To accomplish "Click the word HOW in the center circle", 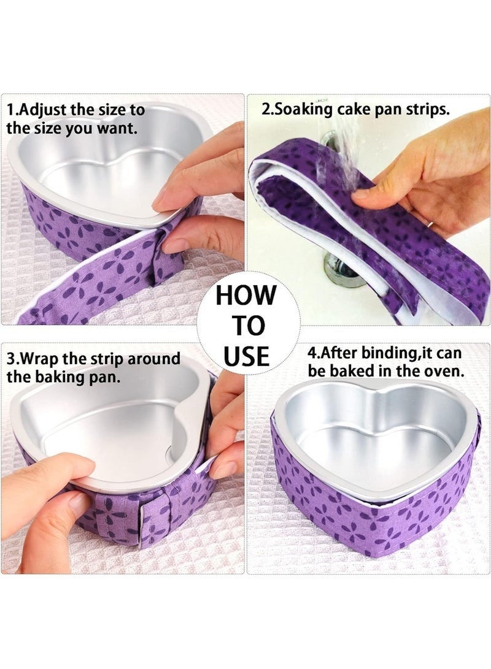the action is pyautogui.click(x=245, y=295).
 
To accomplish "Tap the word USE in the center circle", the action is pyautogui.click(x=246, y=356).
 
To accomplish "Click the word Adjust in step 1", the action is pyautogui.click(x=43, y=110).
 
